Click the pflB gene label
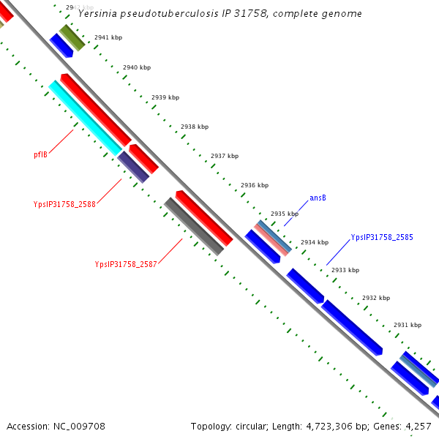40,154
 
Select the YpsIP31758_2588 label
64,204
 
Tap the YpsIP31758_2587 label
126,264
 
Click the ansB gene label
318,198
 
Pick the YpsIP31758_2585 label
382,237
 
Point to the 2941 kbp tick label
108,37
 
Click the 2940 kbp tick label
137,67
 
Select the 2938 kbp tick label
195,127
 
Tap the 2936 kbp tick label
255,185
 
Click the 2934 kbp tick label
315,242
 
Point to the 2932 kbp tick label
376,298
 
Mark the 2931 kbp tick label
408,325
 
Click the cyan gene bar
86,118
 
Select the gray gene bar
194,227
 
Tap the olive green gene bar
72,37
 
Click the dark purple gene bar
133,167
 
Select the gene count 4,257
418,426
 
